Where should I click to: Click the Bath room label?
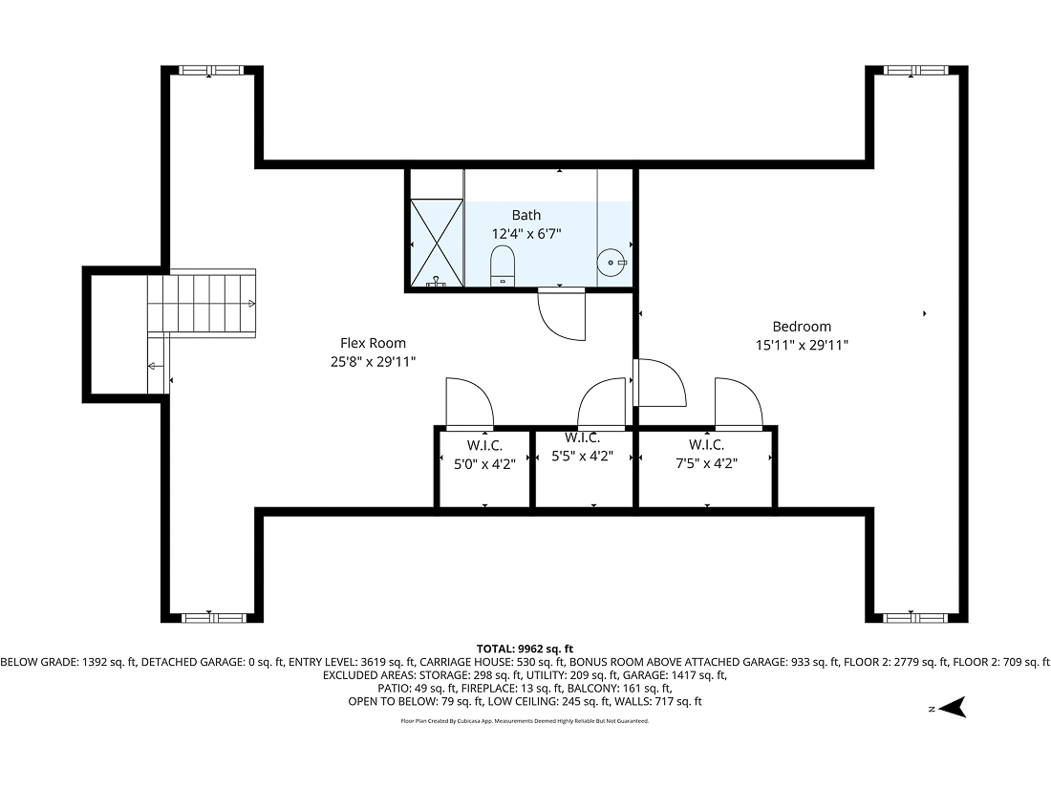tap(525, 215)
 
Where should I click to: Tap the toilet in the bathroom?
tap(503, 265)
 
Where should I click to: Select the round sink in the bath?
tap(611, 262)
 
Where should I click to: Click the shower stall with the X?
tap(437, 242)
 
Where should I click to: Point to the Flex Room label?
tap(373, 343)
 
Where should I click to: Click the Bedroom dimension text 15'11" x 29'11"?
tap(802, 345)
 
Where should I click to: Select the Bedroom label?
tap(802, 326)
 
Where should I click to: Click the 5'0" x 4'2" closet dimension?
tap(484, 463)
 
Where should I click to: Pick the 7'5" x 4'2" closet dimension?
tap(706, 461)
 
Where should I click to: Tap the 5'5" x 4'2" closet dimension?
tap(582, 456)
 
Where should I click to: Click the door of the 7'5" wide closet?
tap(737, 402)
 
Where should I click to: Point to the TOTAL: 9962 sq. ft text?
tap(525, 649)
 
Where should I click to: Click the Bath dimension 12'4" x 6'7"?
tap(525, 233)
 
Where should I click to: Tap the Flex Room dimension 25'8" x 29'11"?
tap(373, 361)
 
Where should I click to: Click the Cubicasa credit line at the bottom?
tap(525, 721)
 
